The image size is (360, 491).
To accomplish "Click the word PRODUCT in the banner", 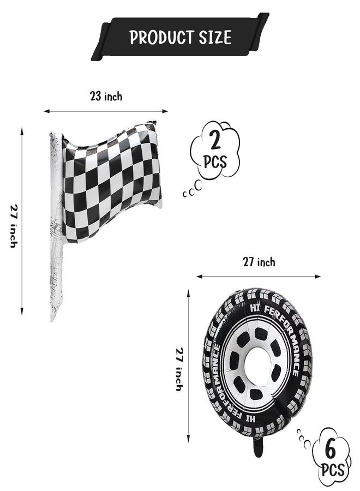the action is [160, 37].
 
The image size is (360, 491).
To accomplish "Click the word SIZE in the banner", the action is [215, 37].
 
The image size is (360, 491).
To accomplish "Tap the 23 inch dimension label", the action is [106, 96].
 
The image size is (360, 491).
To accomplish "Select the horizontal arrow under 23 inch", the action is [106, 111].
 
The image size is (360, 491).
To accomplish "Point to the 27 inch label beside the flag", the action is [14, 226].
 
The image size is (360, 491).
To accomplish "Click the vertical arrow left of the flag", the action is [22, 221].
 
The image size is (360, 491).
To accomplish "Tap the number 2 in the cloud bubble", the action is [215, 140].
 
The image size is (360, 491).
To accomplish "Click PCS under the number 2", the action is [215, 162].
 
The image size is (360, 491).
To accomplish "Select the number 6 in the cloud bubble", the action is [330, 450].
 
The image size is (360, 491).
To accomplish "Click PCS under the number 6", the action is [333, 470].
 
